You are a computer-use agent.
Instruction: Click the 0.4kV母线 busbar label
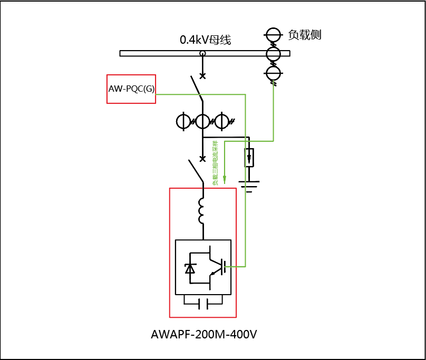pyautogui.click(x=205, y=40)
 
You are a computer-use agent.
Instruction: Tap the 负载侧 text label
pyautogui.click(x=305, y=35)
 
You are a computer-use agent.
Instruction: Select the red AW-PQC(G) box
pyautogui.click(x=131, y=89)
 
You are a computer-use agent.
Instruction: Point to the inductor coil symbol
pyautogui.click(x=202, y=211)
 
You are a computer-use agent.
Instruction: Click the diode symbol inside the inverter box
pyautogui.click(x=190, y=268)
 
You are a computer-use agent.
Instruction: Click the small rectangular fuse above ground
pyautogui.click(x=249, y=158)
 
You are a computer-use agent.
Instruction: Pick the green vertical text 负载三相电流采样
pyautogui.click(x=215, y=163)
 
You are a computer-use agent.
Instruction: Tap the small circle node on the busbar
pyautogui.click(x=202, y=53)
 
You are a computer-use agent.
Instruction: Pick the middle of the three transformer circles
pyautogui.click(x=202, y=121)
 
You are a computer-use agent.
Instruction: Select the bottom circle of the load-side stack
pyautogui.click(x=273, y=72)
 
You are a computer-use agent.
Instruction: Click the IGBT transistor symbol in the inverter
pyautogui.click(x=216, y=267)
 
